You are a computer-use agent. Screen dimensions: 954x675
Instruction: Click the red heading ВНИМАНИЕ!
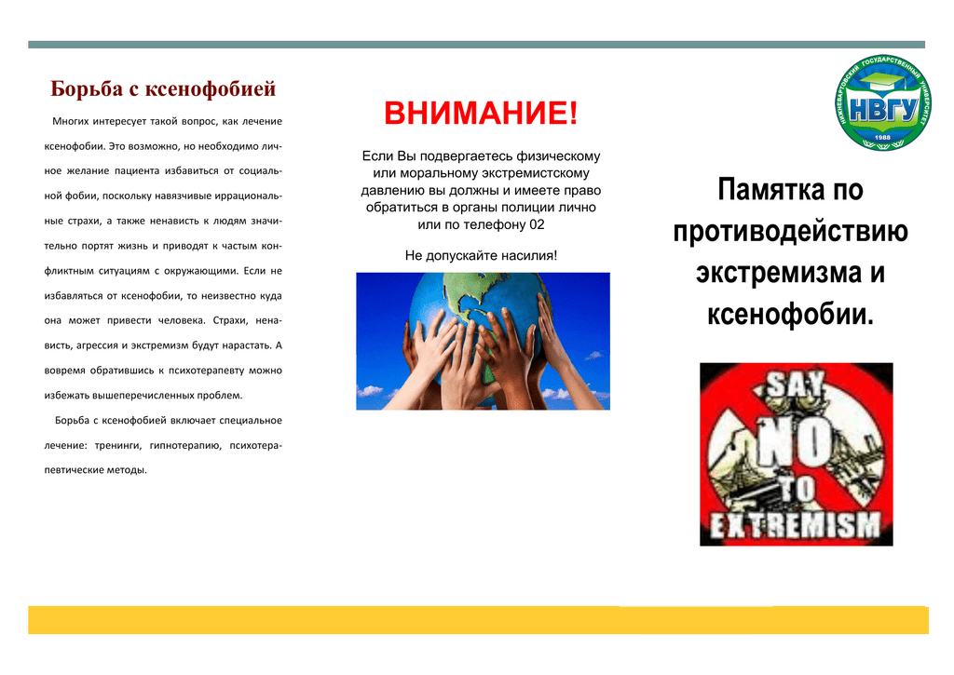pos(481,113)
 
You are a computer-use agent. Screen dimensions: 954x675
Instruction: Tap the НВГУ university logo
pos(882,102)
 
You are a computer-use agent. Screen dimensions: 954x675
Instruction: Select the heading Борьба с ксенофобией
pos(163,88)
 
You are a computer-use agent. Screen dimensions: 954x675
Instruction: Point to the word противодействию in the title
pos(790,232)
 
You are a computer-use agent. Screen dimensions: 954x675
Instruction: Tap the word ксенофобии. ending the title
pos(790,314)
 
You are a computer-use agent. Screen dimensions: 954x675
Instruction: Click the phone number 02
pos(537,224)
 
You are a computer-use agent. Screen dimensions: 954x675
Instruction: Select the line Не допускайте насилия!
pos(481,255)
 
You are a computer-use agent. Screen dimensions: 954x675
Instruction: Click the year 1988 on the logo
pos(882,138)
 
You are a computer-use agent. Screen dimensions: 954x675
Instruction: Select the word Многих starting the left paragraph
pos(70,122)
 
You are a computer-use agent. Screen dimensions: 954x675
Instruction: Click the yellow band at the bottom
pos(478,620)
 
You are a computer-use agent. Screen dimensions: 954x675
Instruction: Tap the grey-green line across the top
pos(476,45)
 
